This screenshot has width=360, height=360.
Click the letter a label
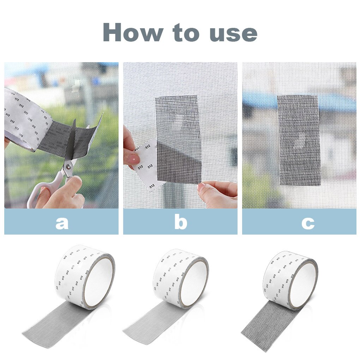point(62,223)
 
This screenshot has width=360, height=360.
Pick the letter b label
point(180,222)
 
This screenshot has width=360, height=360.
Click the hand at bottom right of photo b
point(219,194)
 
